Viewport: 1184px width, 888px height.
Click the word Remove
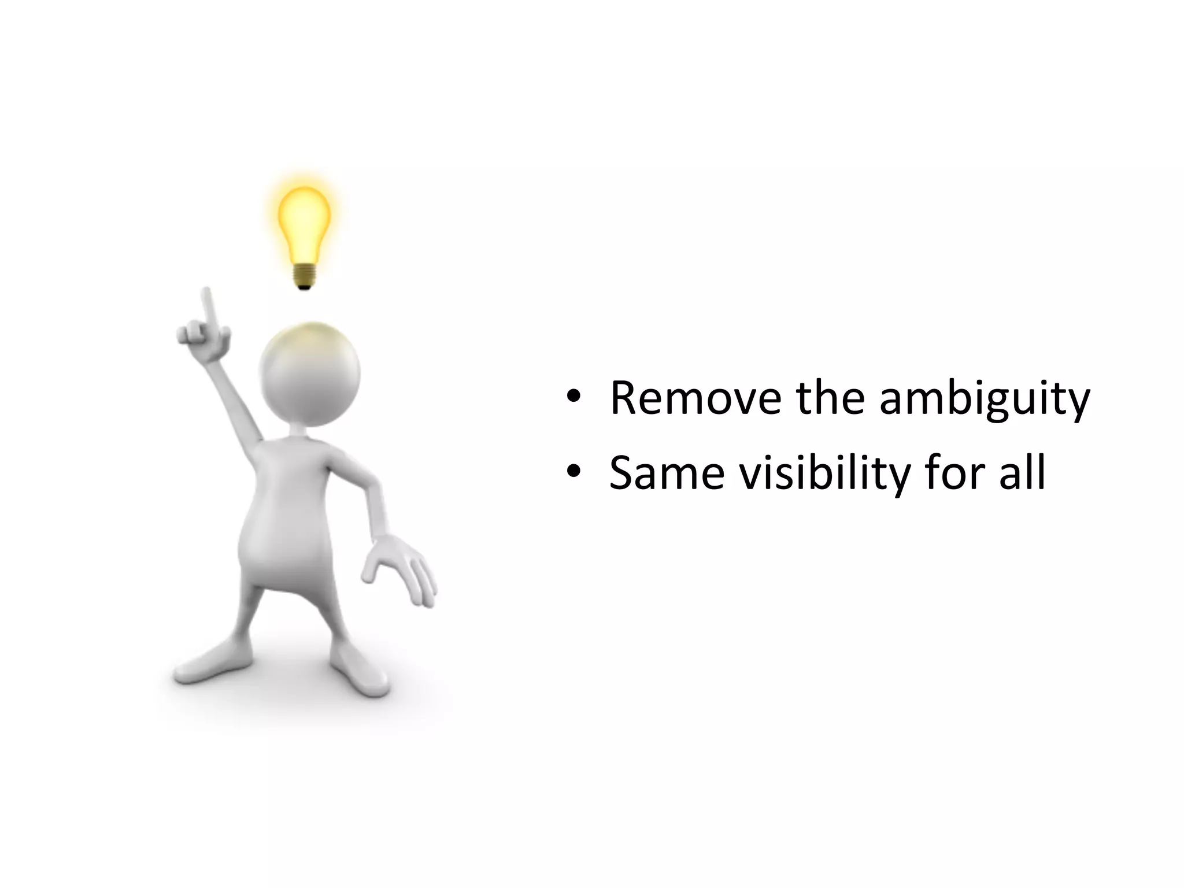click(695, 398)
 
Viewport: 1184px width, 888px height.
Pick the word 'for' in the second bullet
click(956, 473)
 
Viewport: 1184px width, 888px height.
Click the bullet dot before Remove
click(573, 397)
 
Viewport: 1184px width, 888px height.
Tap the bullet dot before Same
click(573, 472)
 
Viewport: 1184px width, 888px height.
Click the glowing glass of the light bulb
click(304, 219)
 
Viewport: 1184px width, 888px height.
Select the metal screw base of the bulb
click(305, 276)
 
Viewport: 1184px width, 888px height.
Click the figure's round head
click(310, 373)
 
